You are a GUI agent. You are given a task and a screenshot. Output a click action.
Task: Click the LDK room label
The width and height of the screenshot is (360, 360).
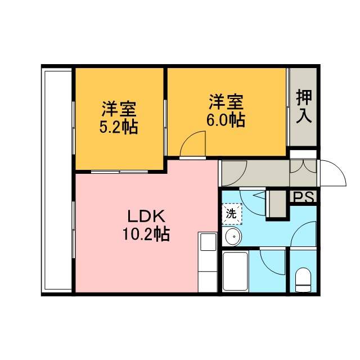[146, 216]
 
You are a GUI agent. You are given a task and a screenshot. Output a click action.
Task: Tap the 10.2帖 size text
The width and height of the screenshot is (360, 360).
[146, 234]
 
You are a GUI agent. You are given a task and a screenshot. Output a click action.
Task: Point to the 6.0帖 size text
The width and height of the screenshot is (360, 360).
[226, 120]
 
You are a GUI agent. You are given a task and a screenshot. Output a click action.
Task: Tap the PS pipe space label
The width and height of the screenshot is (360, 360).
[304, 197]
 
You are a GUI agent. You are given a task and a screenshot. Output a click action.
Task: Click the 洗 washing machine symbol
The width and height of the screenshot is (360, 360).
[231, 214]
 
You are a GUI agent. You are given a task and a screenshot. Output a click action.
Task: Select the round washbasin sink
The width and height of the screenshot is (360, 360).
[233, 236]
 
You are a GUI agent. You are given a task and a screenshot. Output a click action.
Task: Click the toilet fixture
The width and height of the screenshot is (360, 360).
[303, 280]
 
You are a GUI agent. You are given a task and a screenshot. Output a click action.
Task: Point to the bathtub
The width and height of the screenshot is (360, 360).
[235, 272]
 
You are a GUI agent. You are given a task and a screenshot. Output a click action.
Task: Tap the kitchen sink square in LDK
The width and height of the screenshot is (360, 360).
[208, 242]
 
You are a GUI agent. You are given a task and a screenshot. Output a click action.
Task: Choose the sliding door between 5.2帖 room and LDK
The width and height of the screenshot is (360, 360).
[119, 172]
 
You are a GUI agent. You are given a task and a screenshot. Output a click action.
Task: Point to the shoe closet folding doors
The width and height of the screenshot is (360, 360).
[303, 166]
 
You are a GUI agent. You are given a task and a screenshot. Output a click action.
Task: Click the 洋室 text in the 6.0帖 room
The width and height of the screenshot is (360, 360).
[226, 102]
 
